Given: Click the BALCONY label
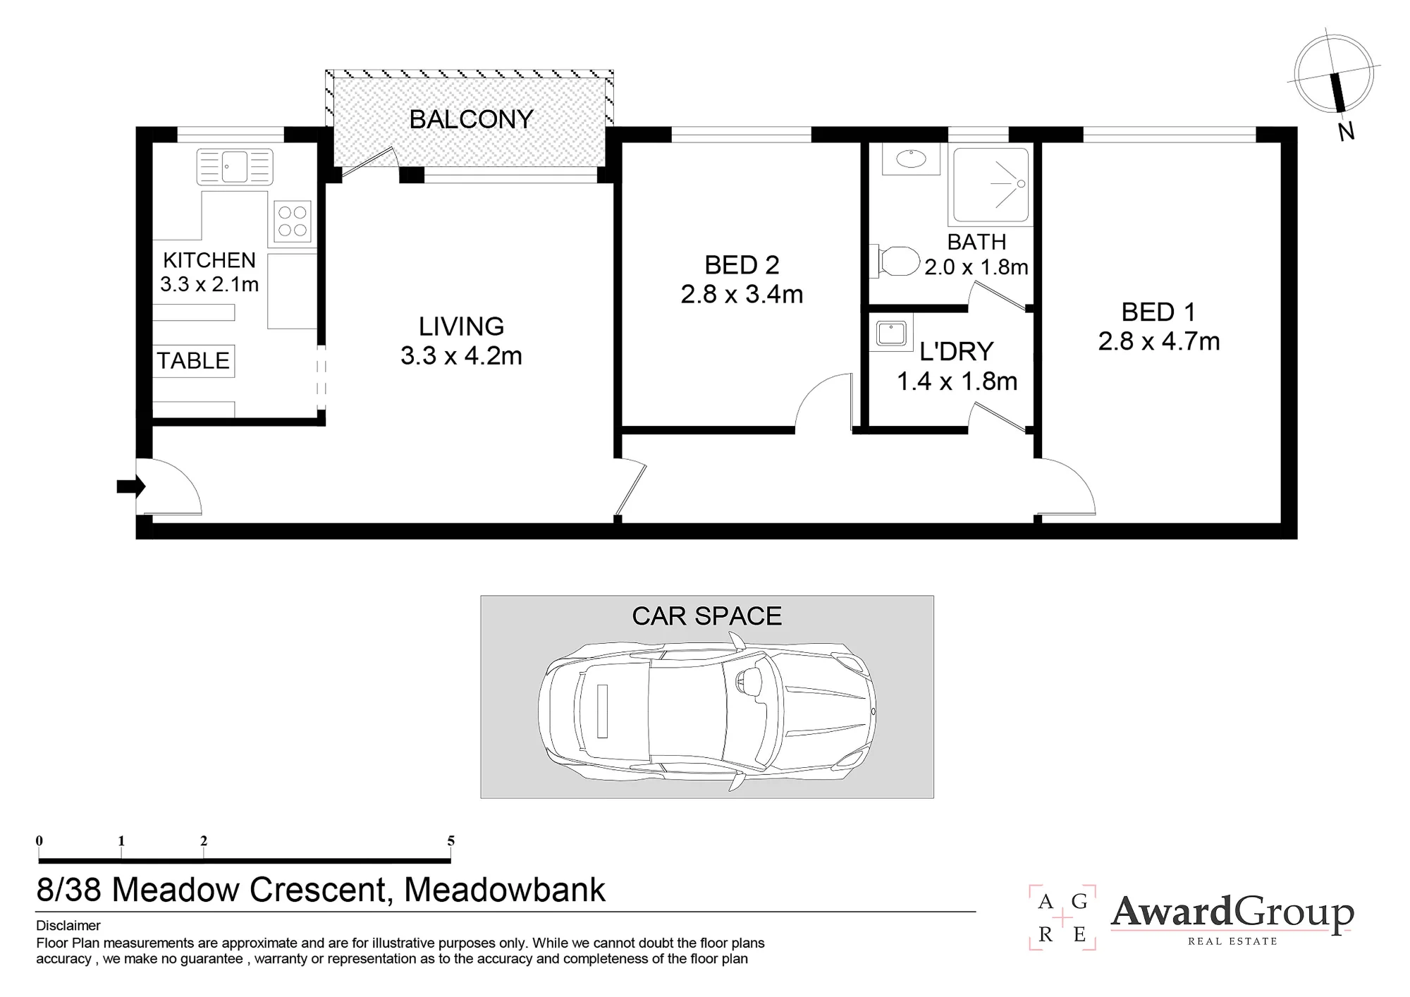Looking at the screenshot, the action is [471, 119].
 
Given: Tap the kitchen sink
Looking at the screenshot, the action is [235, 167].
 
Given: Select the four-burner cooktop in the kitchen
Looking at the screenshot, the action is [293, 220].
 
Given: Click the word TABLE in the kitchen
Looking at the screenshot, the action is [193, 360].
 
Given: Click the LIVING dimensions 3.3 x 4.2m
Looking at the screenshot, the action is [461, 356].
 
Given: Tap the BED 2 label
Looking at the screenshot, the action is [742, 265].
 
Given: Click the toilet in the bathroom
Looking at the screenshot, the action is [895, 261].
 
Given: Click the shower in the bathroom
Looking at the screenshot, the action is [991, 186].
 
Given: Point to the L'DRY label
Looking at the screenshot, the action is [957, 351].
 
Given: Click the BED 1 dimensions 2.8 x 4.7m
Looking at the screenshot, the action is [1159, 341].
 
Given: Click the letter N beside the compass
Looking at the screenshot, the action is [1346, 131].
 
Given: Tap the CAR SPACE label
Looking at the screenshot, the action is [707, 616].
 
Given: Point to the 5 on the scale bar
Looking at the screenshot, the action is [450, 840].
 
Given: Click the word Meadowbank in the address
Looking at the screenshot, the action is [505, 890].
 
